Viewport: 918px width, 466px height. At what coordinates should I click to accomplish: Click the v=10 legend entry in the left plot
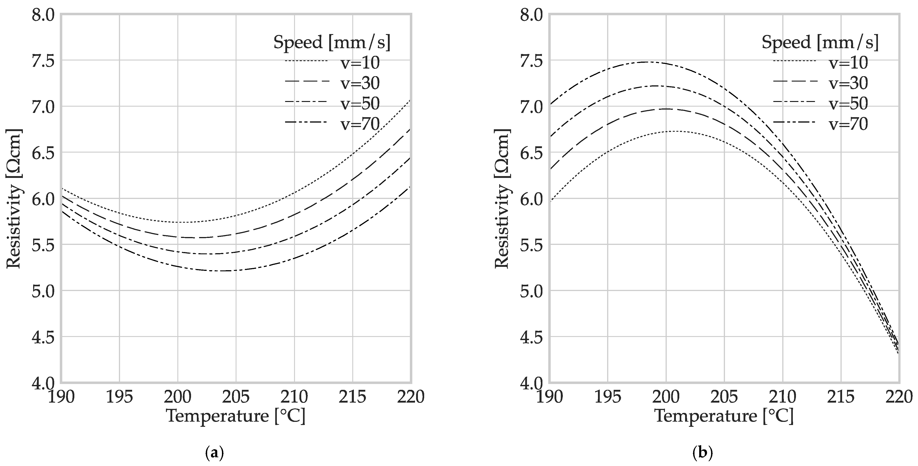[x=360, y=63]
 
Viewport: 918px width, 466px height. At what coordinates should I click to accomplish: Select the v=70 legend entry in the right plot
[x=848, y=124]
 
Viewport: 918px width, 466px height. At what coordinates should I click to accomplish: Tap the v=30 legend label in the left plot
[x=360, y=83]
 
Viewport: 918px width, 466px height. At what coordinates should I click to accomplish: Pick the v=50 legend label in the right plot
[x=848, y=104]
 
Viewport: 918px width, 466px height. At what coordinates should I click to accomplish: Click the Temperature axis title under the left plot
[x=236, y=416]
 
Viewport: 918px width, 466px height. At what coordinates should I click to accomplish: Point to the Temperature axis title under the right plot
[x=724, y=416]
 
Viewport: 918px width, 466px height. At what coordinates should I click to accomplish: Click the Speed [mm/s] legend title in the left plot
[x=332, y=42]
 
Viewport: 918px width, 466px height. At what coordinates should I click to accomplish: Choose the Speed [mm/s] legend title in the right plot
[x=820, y=42]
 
